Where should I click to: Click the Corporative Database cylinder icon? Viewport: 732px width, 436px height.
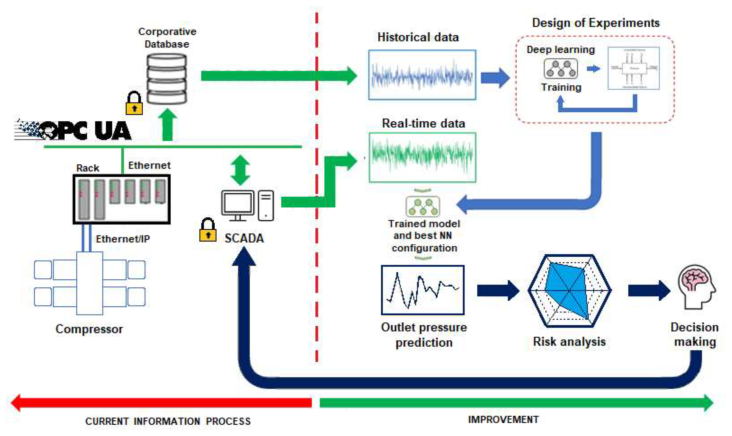166,79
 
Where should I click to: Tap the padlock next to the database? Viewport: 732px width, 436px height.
134,103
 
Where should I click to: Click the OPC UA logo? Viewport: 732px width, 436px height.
73,130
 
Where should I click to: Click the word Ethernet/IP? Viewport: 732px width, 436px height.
123,239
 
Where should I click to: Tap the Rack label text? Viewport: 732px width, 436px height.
88,168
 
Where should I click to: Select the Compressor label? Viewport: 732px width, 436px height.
89,329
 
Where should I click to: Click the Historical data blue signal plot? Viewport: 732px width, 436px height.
422,75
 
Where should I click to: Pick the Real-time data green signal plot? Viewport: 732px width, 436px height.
422,157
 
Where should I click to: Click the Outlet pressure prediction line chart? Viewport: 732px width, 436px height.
422,290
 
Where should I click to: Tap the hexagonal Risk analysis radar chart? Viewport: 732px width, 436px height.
569,291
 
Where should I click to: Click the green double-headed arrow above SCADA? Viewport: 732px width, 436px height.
240,170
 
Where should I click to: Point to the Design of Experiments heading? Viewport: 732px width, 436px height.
596,23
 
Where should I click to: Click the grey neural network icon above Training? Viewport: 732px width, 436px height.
561,69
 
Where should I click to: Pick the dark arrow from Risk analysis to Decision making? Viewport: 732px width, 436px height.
649,291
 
